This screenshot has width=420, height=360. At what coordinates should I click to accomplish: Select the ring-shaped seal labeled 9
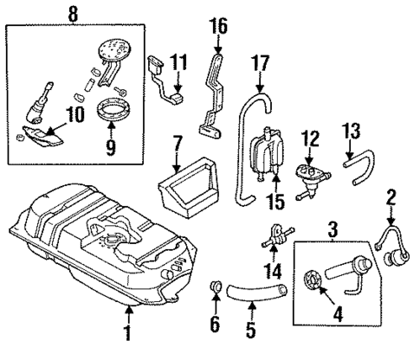coord(110,112)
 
